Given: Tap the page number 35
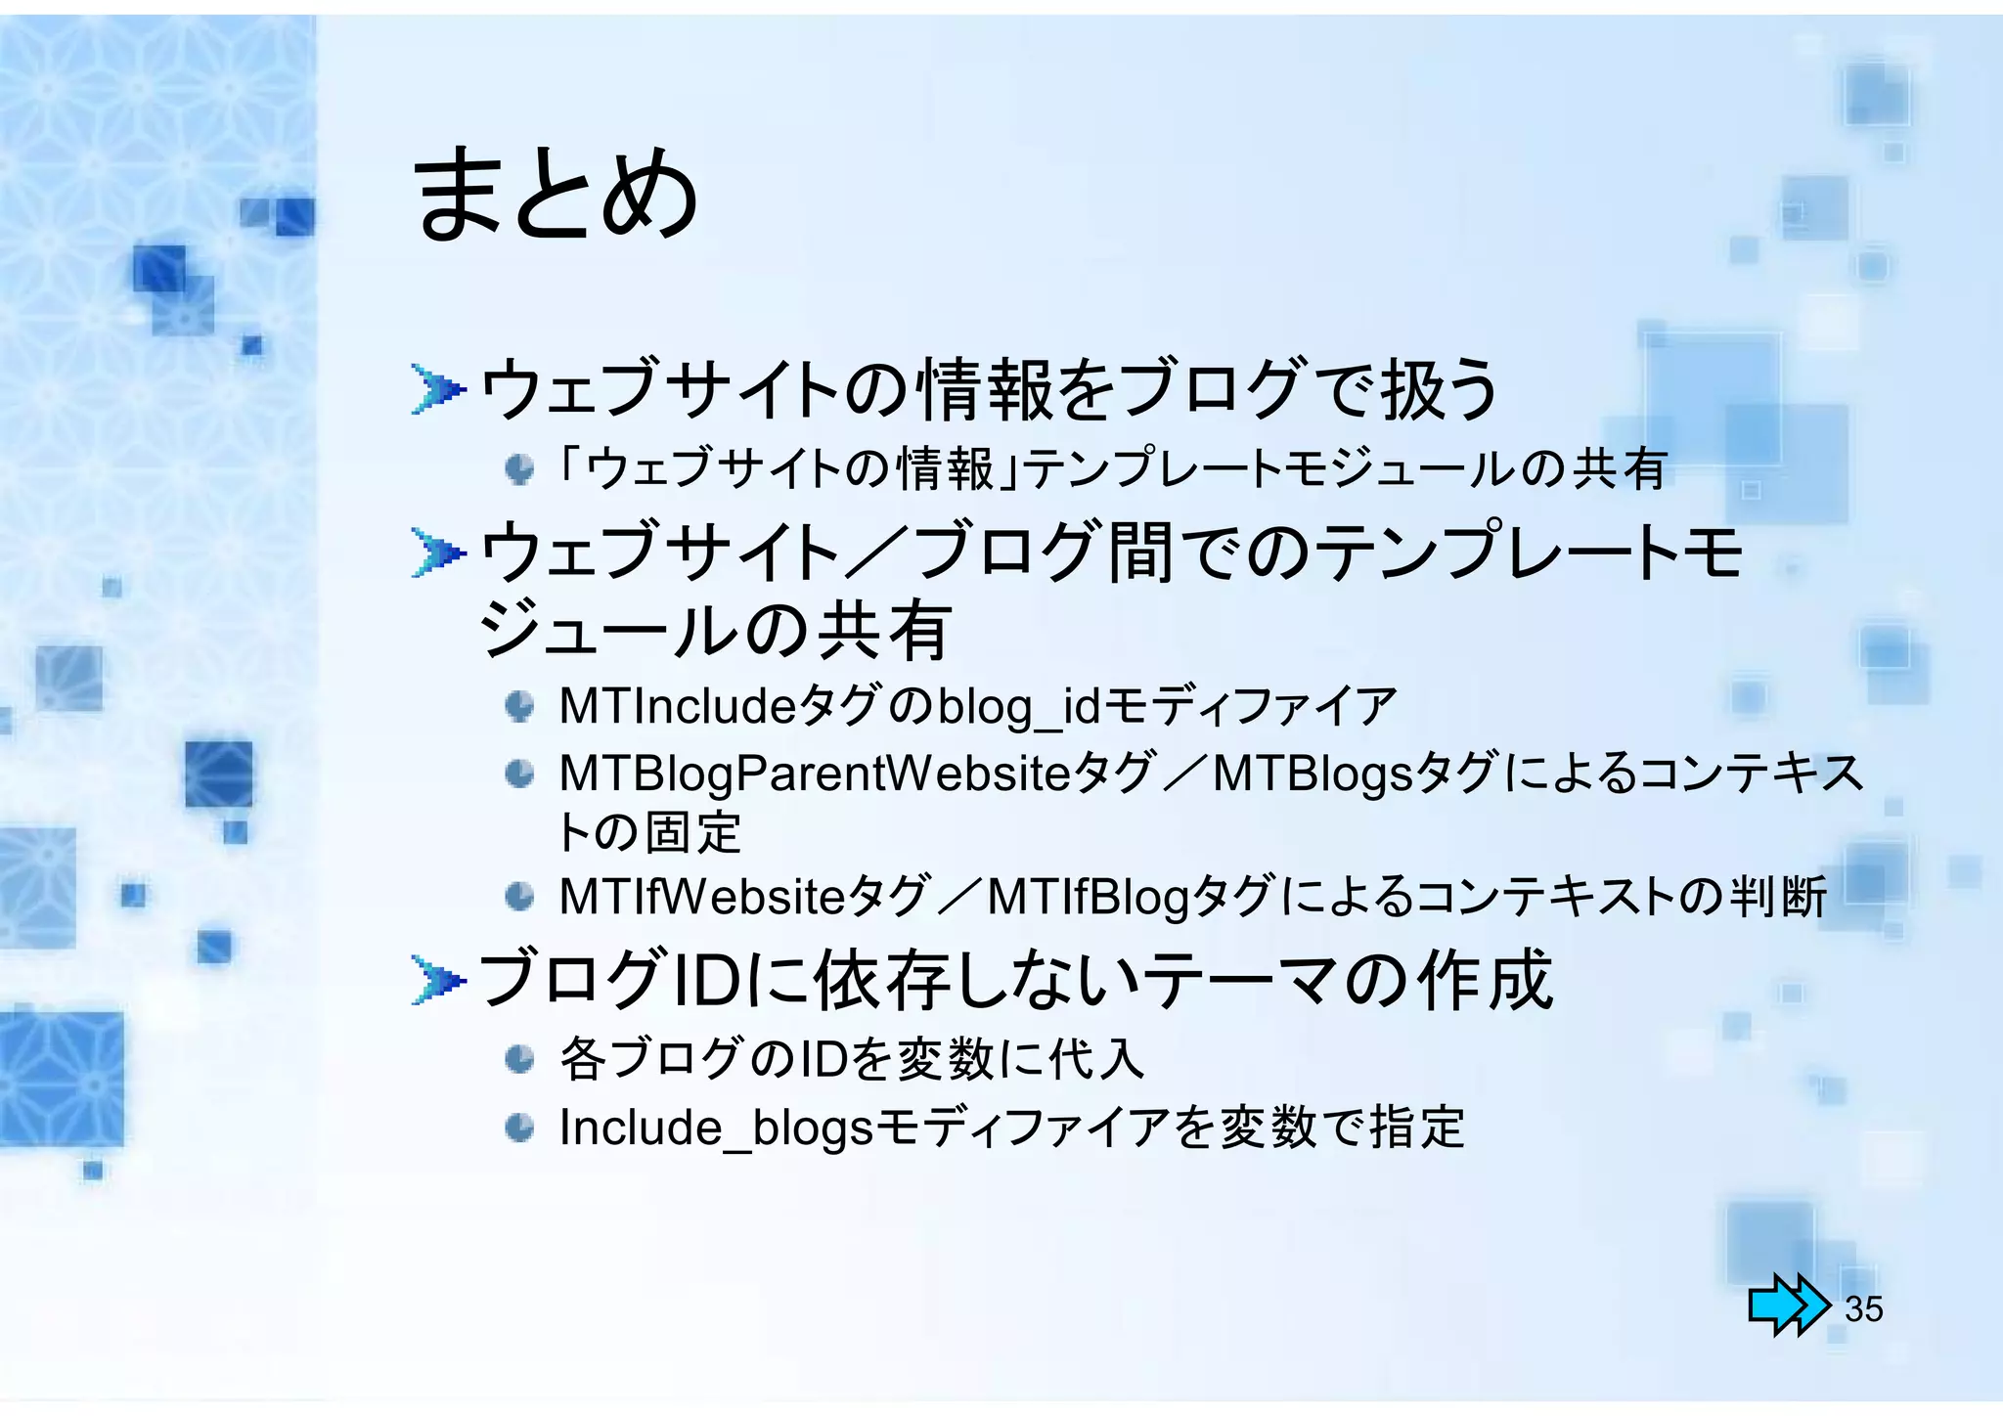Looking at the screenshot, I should (x=1863, y=1308).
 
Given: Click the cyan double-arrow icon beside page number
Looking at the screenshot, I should (x=1788, y=1305).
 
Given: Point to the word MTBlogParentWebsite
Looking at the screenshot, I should (x=815, y=774).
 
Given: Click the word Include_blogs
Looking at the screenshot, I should (x=715, y=1128).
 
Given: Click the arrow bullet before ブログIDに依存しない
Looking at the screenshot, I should (x=436, y=981).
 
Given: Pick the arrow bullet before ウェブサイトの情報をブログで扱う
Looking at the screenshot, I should (x=436, y=390).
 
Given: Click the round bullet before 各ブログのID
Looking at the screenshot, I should (x=519, y=1059).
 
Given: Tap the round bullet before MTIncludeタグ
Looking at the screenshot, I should (x=519, y=706).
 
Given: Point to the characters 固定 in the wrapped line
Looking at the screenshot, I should (x=693, y=833).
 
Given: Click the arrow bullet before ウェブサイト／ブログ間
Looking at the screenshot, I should (x=436, y=554).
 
